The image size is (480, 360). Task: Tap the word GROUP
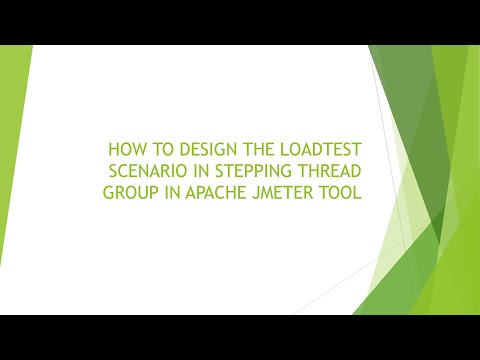[x=127, y=189]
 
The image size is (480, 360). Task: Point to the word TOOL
[x=339, y=189]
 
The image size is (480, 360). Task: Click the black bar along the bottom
[x=240, y=337]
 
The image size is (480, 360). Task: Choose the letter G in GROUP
[x=108, y=189]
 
